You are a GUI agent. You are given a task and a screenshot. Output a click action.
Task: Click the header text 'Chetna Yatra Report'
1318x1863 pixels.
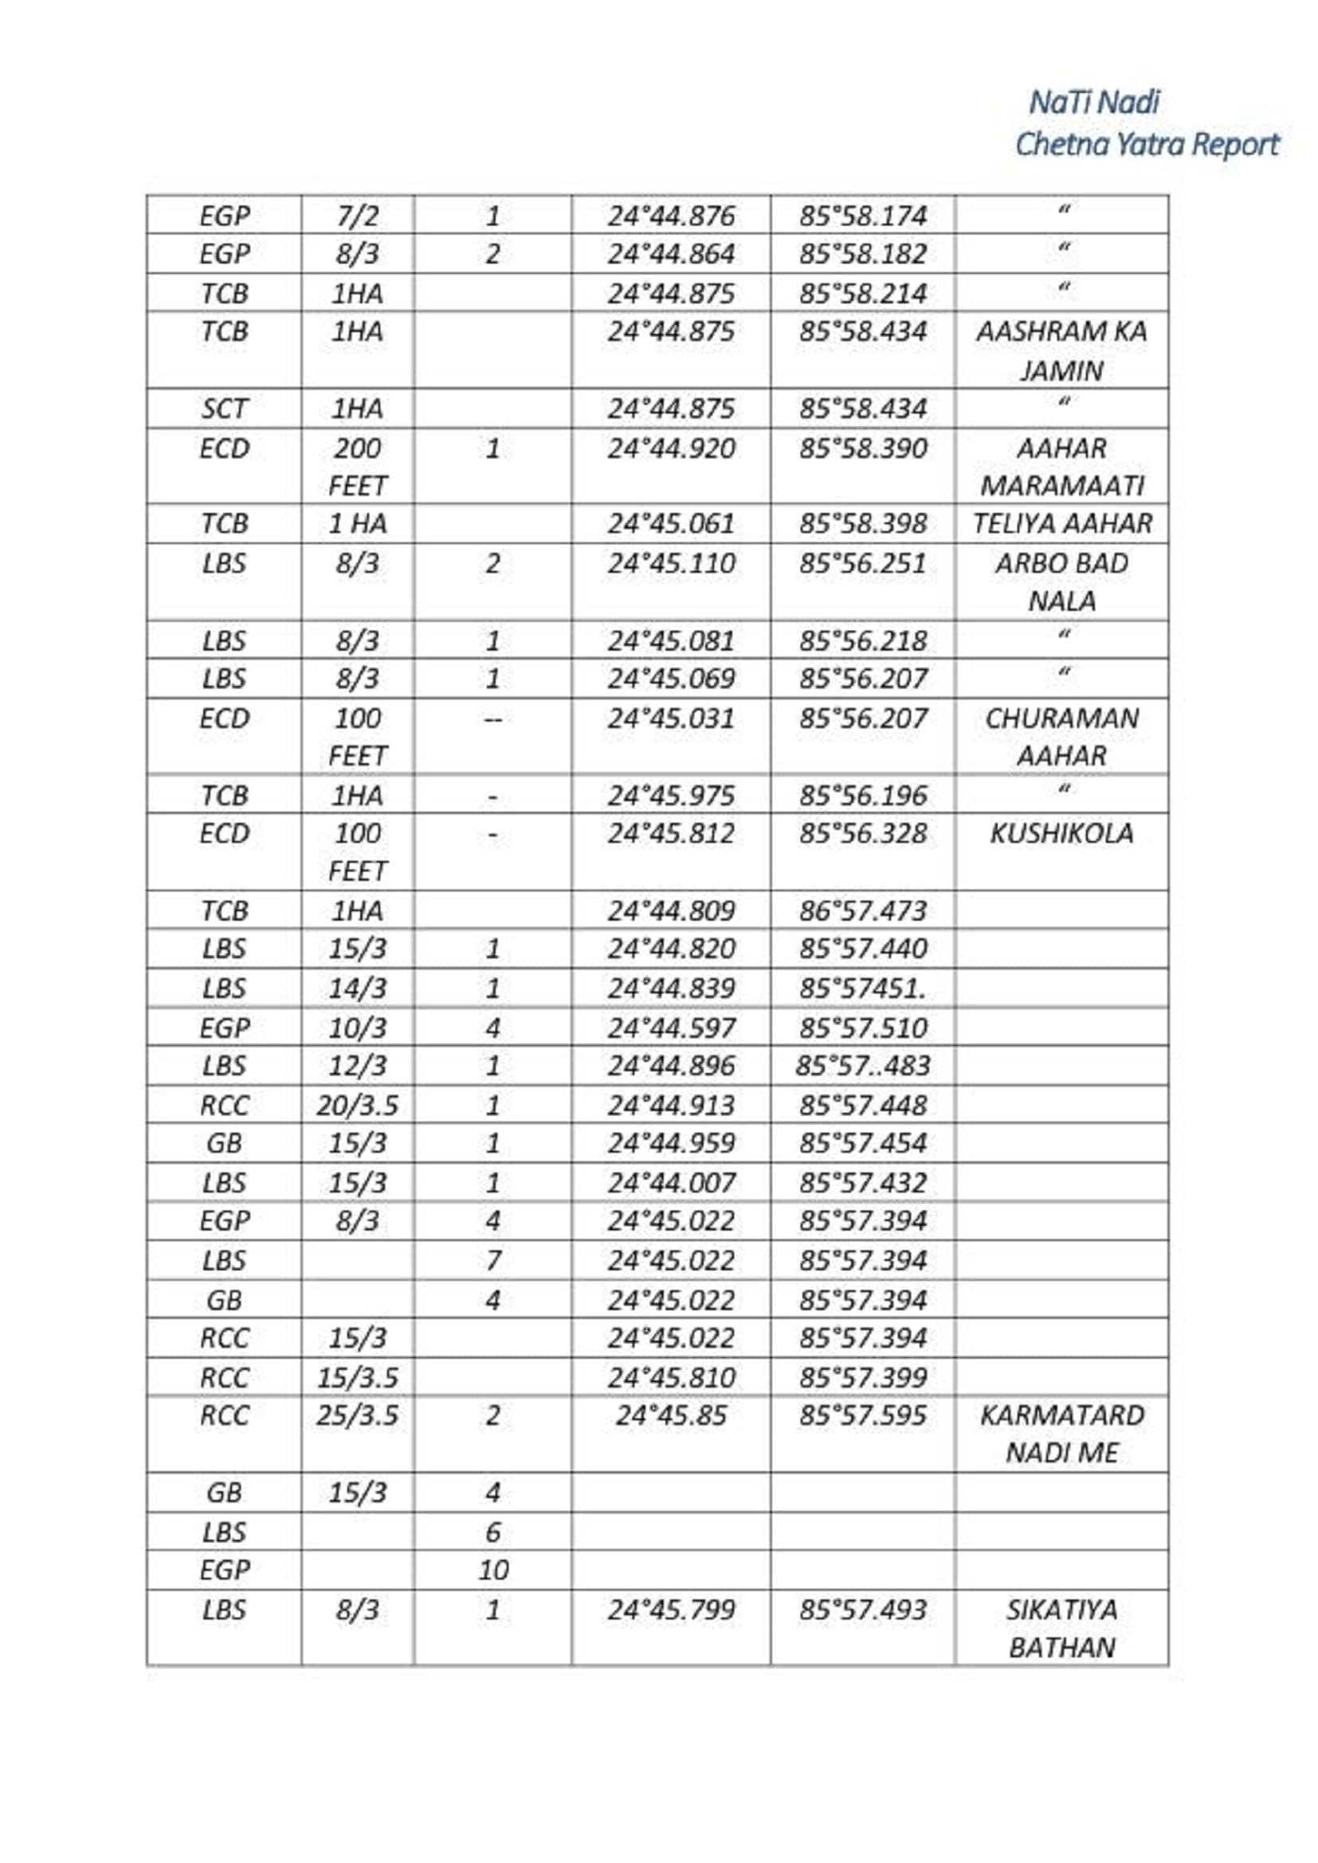(x=1146, y=144)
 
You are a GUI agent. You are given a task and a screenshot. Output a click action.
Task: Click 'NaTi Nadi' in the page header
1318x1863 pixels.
(x=1094, y=102)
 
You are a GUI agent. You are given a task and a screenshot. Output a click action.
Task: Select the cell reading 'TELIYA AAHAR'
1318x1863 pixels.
(x=1061, y=523)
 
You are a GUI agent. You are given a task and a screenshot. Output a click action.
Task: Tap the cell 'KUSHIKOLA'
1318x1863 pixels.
(x=1061, y=833)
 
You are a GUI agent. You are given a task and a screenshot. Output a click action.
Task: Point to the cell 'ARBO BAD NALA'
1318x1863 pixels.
(x=1061, y=581)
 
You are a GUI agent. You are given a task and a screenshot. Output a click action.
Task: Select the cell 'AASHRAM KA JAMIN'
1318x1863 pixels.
(x=1061, y=350)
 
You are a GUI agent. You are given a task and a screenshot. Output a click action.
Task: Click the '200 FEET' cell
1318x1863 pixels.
(x=357, y=467)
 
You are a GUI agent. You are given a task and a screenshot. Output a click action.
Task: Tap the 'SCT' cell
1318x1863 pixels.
(x=224, y=408)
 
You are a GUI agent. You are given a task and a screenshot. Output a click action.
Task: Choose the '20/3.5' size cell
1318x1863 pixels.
(x=357, y=1106)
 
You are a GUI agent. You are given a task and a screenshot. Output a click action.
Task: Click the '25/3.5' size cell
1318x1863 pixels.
(x=357, y=1415)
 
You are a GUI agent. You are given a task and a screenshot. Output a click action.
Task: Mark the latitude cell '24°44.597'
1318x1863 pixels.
(x=671, y=1027)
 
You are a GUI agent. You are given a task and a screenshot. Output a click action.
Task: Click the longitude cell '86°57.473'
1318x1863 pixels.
(x=863, y=910)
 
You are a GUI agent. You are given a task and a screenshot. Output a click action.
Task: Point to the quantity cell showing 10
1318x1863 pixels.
(x=492, y=1570)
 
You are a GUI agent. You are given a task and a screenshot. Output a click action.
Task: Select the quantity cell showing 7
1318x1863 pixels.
(x=492, y=1260)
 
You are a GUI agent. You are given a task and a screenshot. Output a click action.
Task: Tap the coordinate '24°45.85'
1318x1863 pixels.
(x=671, y=1415)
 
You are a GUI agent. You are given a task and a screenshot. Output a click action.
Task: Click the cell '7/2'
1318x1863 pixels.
(x=357, y=216)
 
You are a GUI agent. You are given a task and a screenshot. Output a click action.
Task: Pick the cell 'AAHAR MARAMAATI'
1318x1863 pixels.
(x=1061, y=467)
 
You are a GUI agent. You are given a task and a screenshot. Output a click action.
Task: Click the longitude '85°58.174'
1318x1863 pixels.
(x=863, y=216)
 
